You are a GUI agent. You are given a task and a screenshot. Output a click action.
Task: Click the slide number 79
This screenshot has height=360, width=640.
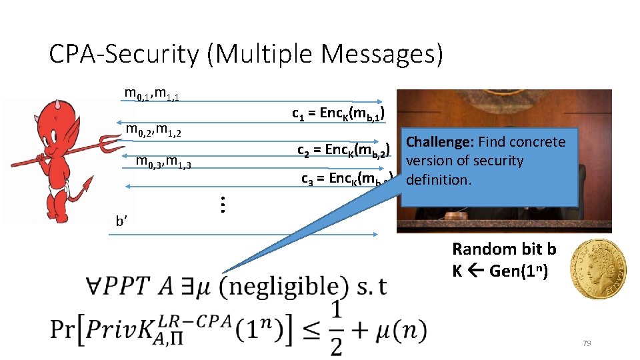(587, 343)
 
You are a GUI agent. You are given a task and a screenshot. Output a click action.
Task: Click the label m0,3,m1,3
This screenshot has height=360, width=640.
(163, 161)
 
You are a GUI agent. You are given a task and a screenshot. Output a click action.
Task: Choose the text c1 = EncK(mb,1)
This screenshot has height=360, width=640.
(338, 113)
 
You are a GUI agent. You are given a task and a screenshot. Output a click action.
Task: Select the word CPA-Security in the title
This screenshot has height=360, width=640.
(124, 54)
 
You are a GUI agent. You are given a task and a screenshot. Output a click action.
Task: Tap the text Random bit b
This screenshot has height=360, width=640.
(504, 249)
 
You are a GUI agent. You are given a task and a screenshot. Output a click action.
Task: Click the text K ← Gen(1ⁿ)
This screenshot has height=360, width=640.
(500, 272)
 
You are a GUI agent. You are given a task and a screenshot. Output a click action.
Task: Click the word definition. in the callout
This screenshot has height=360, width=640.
(438, 180)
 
